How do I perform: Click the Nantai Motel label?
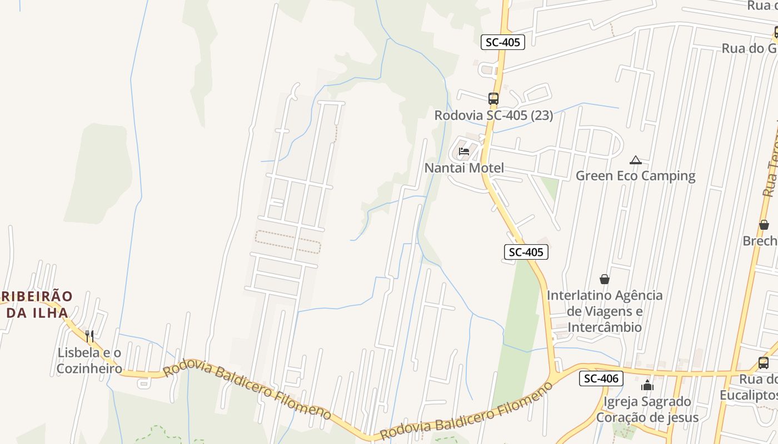point(464,168)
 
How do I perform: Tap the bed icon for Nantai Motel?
point(464,152)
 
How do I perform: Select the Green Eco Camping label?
point(635,176)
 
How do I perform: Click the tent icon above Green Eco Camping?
point(636,160)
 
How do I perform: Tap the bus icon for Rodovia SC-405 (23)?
point(493,99)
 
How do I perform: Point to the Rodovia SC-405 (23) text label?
point(493,115)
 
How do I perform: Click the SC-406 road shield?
point(601,379)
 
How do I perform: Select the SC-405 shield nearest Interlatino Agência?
point(526,252)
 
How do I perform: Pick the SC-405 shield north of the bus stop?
point(502,42)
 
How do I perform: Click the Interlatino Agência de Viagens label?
point(605,311)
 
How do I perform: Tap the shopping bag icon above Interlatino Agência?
point(604,279)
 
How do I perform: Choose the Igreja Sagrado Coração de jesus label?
point(647,409)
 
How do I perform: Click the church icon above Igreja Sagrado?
point(647,385)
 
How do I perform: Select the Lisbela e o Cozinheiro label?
point(89,360)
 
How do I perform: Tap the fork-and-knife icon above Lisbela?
point(89,336)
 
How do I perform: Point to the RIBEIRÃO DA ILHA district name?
point(37,304)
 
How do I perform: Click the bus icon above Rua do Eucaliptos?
point(764,364)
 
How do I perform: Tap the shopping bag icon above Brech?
point(764,225)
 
